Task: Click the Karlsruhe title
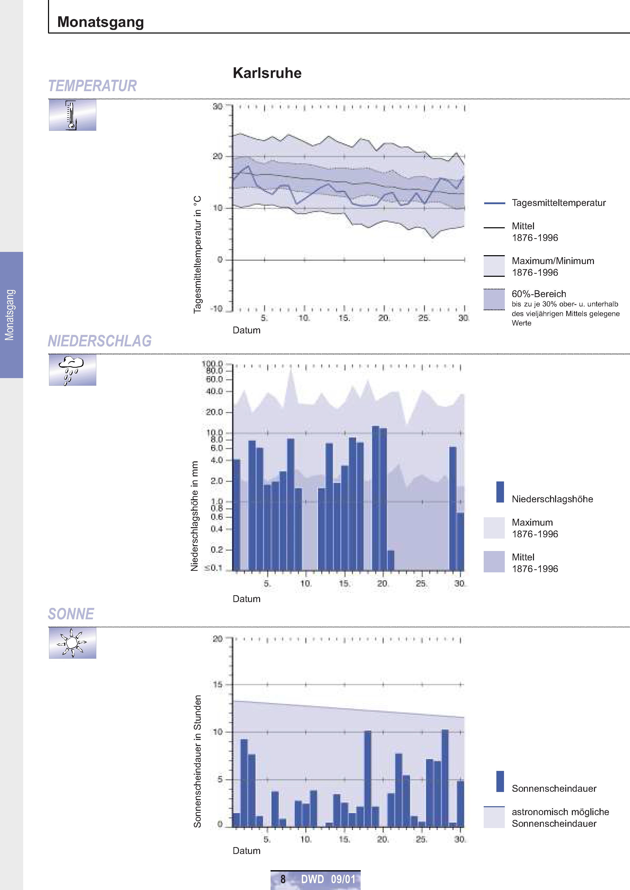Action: (x=267, y=73)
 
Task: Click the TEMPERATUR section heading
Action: (x=92, y=86)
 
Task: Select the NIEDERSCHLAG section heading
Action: (x=100, y=341)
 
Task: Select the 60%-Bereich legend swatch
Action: (x=494, y=299)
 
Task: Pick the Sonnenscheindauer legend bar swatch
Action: (x=500, y=781)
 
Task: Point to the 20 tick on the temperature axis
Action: (x=218, y=156)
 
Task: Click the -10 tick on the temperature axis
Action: (x=216, y=309)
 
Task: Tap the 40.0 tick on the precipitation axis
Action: (x=214, y=391)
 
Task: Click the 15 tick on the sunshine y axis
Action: (x=218, y=685)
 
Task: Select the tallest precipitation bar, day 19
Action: (x=375, y=498)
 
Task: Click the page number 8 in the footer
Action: (x=283, y=879)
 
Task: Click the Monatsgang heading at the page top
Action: (x=101, y=22)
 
